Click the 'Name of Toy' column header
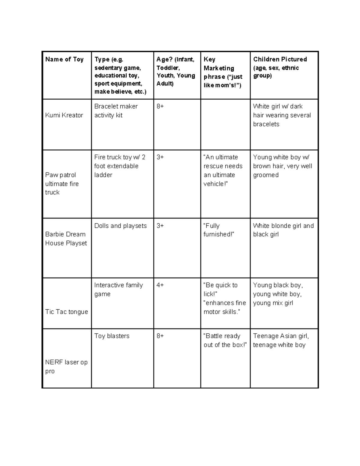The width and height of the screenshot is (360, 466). pos(64,59)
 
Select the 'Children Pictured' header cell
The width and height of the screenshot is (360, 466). pos(280,59)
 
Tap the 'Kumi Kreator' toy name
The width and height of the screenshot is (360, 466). pos(64,115)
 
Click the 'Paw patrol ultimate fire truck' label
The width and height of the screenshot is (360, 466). pos(62,184)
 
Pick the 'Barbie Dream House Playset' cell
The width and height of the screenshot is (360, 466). pos(66,239)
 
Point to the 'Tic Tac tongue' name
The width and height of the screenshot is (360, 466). pos(66,312)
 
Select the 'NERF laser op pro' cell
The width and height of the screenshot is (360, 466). pos(66,366)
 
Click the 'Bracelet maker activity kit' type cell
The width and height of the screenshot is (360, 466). pos(116,111)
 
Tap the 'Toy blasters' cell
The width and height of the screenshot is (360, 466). pos(112,336)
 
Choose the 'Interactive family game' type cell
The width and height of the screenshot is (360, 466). pos(118,290)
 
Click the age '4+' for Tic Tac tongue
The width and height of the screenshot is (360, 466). pos(160,285)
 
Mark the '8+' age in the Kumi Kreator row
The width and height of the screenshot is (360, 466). pos(160,106)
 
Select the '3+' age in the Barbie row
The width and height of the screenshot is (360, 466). pos(160,226)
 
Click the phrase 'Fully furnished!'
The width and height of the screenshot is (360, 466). pos(218,230)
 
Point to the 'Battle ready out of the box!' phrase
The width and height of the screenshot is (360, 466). pos(225,340)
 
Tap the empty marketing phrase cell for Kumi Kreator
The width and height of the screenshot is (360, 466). pos(225,125)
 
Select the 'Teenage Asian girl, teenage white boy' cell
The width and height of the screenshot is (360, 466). pos(281,340)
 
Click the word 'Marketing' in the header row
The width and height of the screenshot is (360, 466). pos(219,68)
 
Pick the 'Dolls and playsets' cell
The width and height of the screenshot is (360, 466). pos(120,226)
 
